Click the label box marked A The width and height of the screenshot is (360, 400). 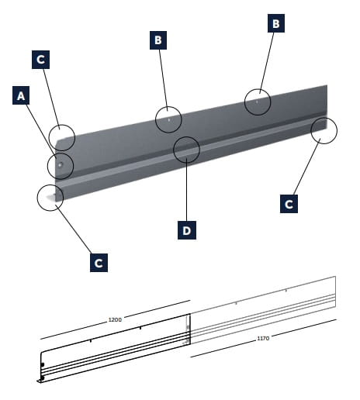[21, 95]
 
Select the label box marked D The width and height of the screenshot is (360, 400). [187, 230]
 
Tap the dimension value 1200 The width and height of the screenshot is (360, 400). [115, 319]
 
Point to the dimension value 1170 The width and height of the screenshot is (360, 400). [263, 338]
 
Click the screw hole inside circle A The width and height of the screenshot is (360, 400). [60, 164]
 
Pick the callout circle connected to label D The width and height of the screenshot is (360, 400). [186, 150]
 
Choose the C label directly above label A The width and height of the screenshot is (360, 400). [40, 60]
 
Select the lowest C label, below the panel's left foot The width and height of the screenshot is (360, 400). [99, 263]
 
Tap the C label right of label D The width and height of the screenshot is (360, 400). [289, 204]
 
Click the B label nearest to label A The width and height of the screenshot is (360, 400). [158, 40]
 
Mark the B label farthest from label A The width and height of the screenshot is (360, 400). [276, 23]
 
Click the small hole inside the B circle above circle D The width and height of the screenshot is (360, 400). [169, 120]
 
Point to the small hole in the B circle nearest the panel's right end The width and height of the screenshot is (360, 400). [257, 102]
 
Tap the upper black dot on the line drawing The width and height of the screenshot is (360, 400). [43, 364]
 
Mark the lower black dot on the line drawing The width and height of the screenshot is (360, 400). [43, 378]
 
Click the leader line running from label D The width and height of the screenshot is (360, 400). [187, 189]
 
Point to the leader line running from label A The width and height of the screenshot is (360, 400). [41, 132]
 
